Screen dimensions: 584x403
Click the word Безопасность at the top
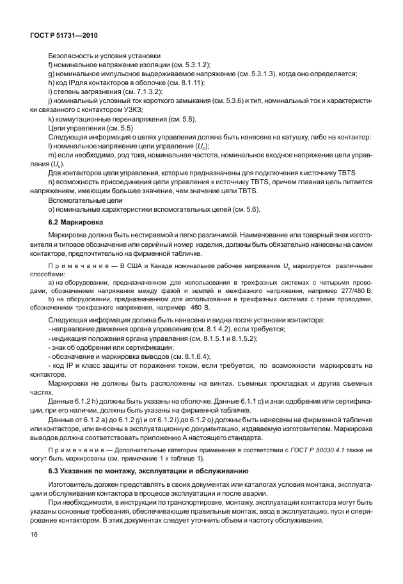point(72,56)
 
